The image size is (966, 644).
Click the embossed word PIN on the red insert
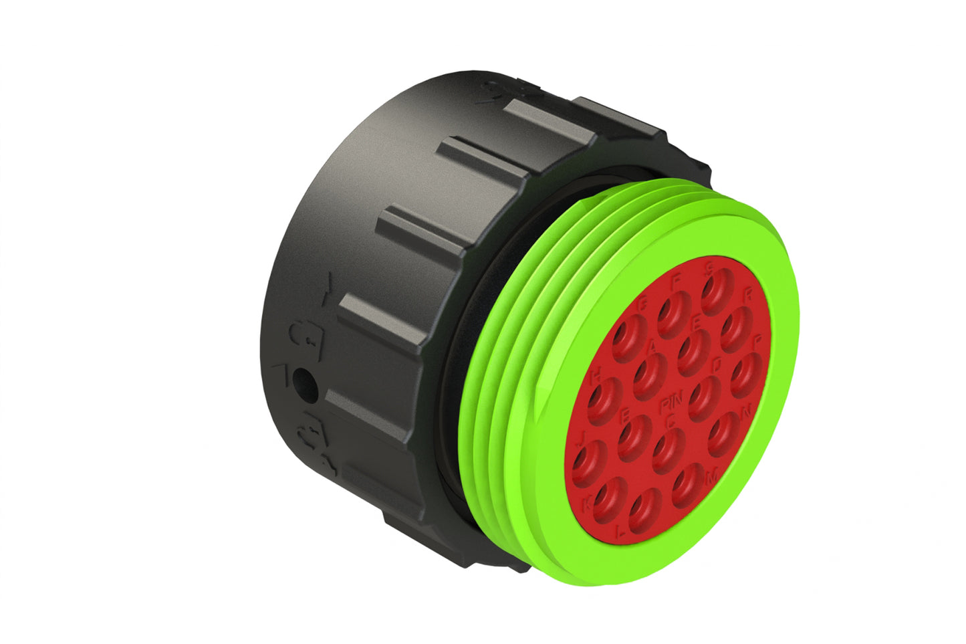[669, 405]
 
